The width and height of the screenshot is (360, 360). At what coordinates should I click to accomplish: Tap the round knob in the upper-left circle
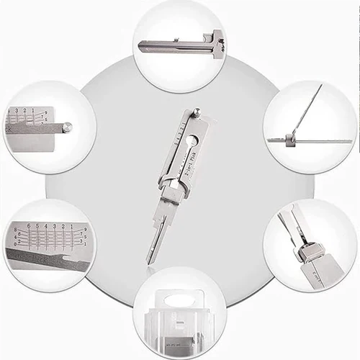tap(67, 128)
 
